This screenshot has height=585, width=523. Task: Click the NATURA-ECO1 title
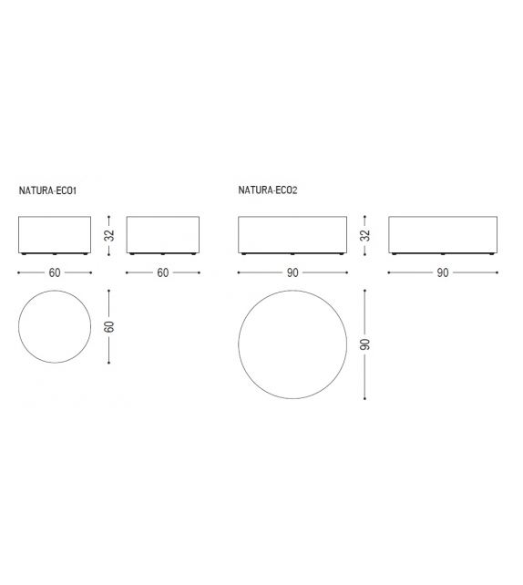click(47, 190)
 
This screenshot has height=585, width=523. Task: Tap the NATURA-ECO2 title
click(268, 190)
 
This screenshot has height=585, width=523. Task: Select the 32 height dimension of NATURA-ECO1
click(109, 235)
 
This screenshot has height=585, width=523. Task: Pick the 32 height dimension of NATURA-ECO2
click(365, 235)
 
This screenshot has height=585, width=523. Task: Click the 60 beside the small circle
click(109, 326)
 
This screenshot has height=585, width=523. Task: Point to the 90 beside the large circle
click(365, 344)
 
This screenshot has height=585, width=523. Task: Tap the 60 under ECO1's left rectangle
click(55, 272)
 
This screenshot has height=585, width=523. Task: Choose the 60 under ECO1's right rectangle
click(163, 272)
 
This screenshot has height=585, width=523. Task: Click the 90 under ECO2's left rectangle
click(292, 272)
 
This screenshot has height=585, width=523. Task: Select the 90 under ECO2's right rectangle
click(443, 272)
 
